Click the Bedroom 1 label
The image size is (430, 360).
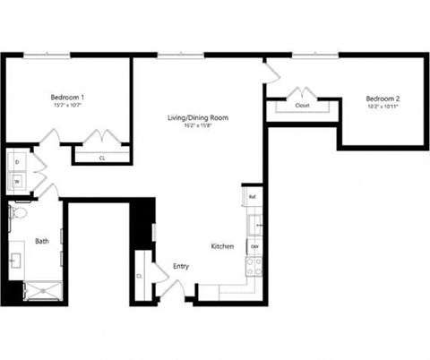67,97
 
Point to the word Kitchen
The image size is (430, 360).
222,246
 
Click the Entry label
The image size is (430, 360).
181,265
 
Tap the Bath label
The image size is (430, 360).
42,241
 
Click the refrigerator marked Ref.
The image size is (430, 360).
253,196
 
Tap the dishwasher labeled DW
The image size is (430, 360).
254,245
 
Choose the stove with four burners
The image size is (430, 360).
254,265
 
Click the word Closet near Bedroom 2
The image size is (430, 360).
302,106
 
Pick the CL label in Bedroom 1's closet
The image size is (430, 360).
101,158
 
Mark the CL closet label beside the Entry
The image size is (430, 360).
141,276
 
